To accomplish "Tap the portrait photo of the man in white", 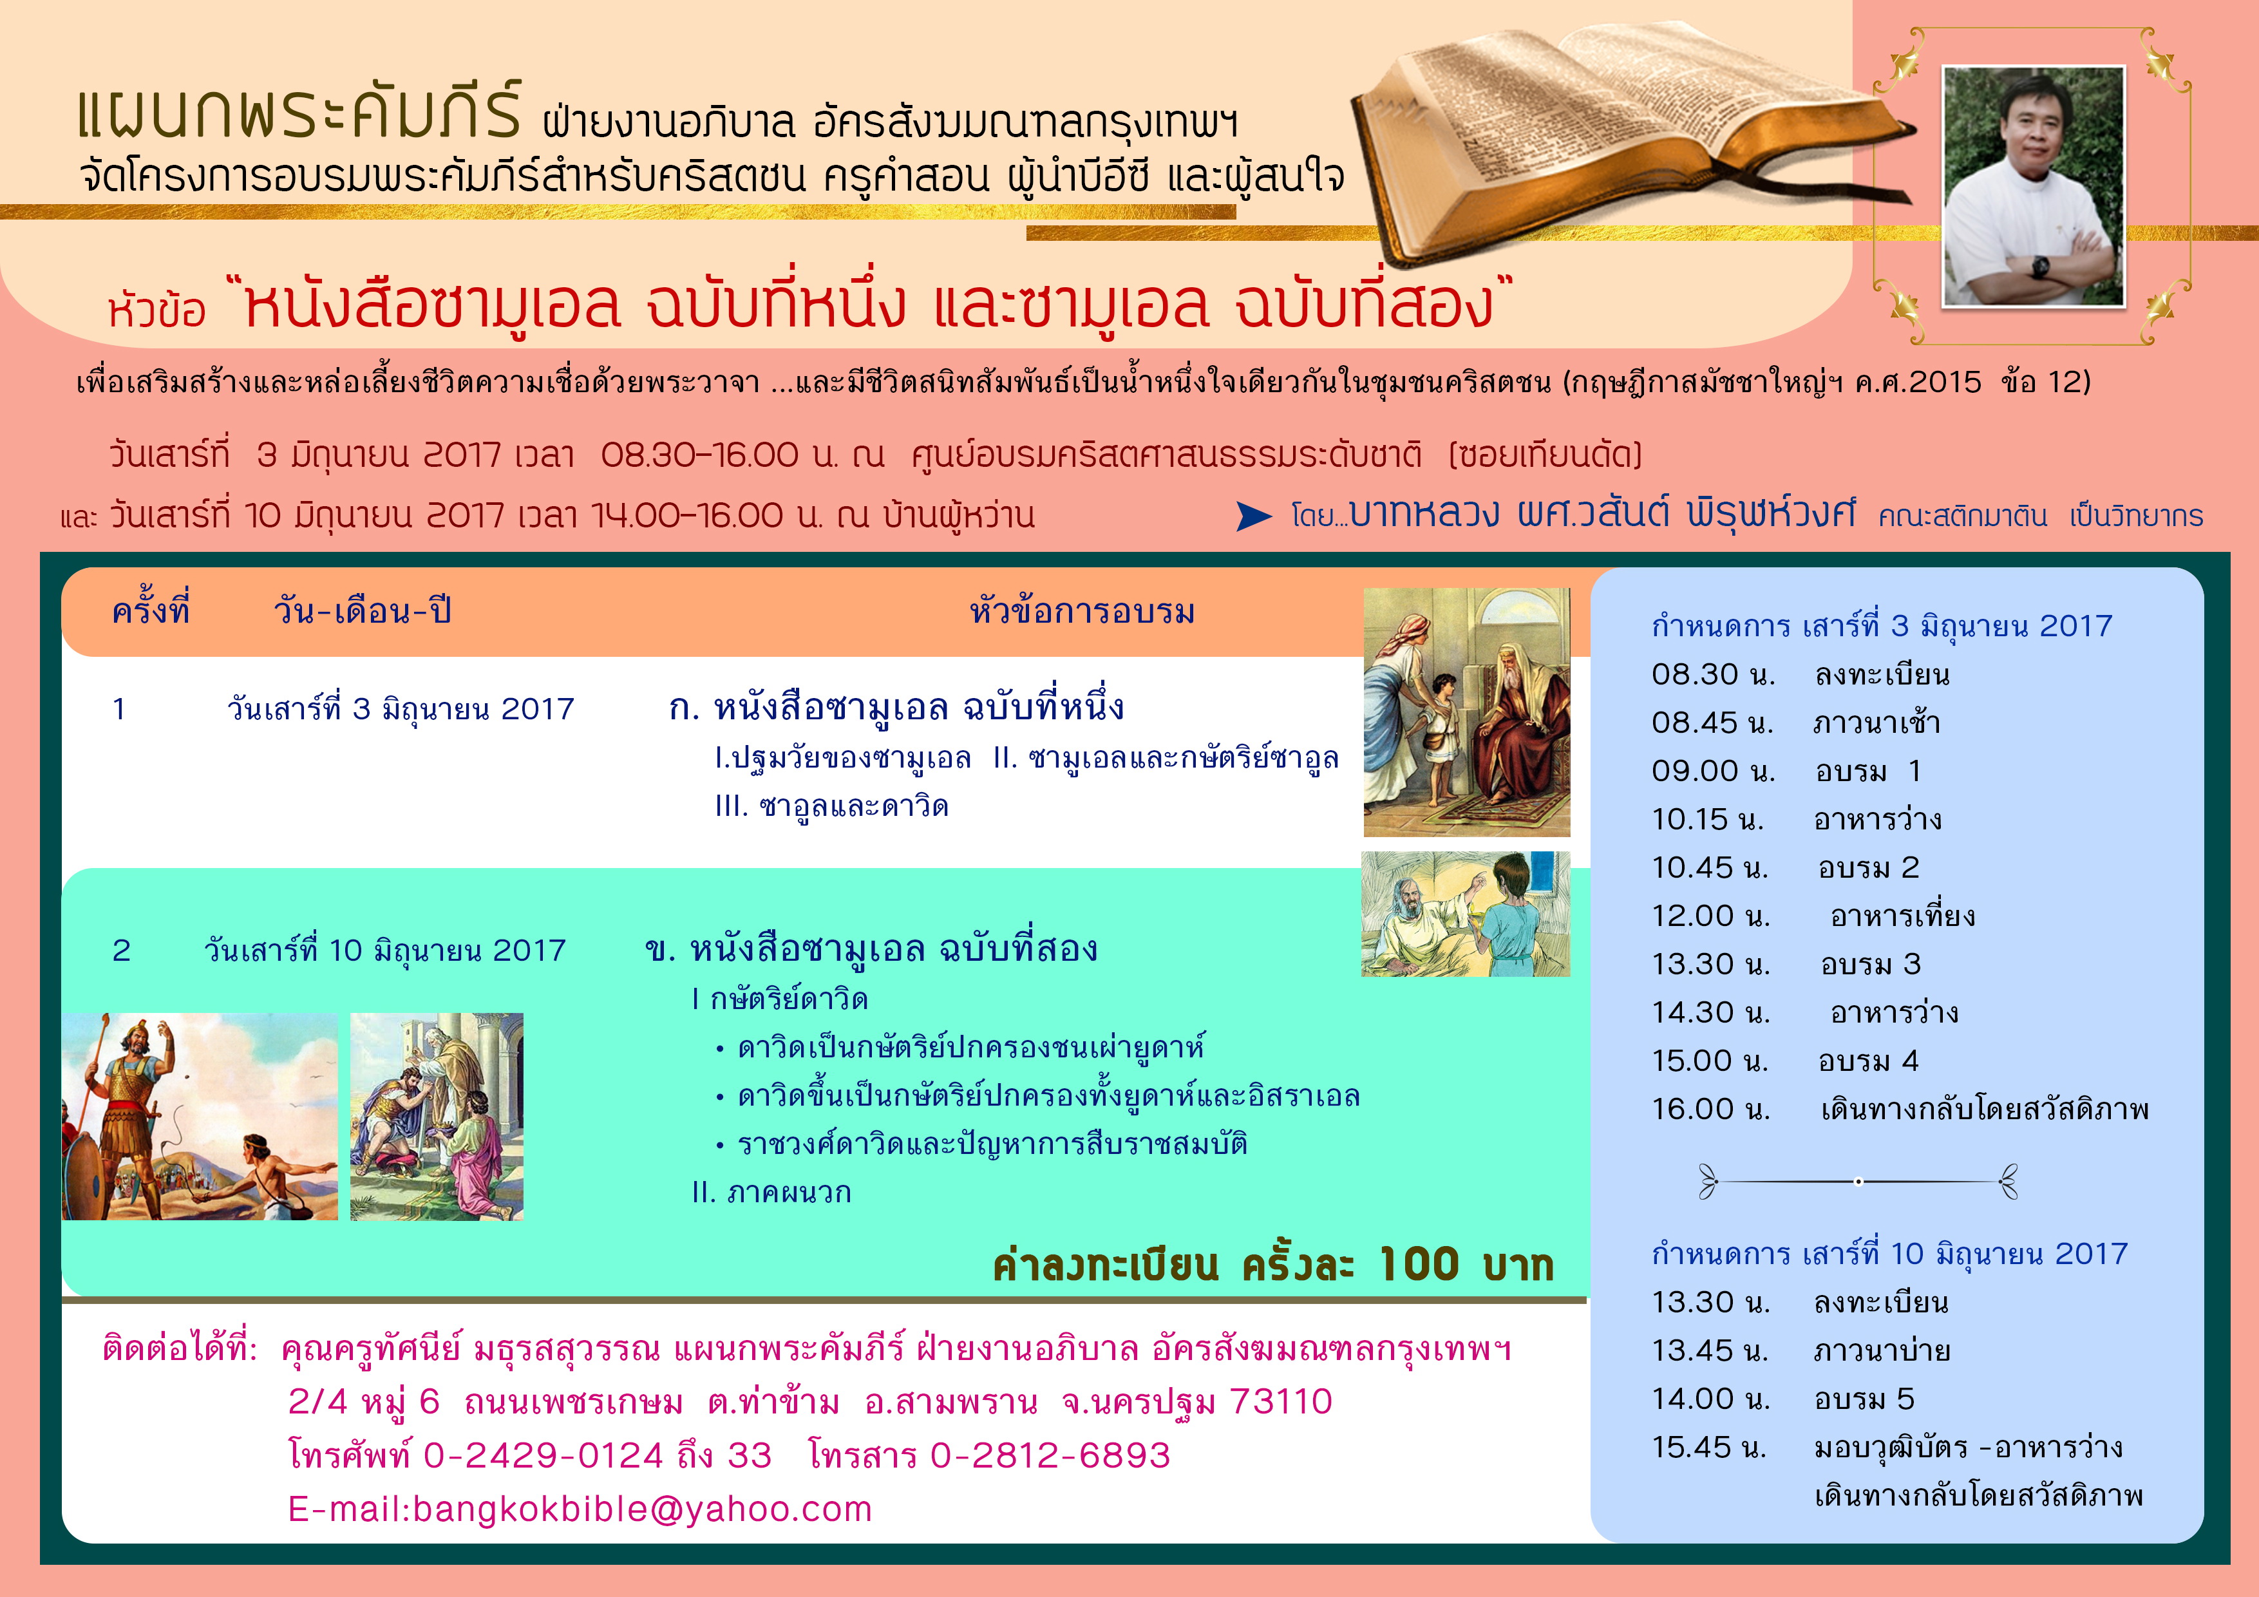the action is click(x=2034, y=186).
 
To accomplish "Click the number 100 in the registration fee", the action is click(x=1419, y=1263).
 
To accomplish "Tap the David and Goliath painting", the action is click(x=200, y=1117).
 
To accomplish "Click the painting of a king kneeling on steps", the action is click(x=437, y=1117).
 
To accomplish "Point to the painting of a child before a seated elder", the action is click(x=1466, y=712).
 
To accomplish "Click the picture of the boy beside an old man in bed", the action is click(x=1466, y=914).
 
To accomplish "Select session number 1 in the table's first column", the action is click(x=119, y=708).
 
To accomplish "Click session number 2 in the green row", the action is click(x=121, y=950).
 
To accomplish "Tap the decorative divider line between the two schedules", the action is click(x=1858, y=1181).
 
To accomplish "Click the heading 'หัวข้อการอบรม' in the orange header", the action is click(x=1082, y=611).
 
